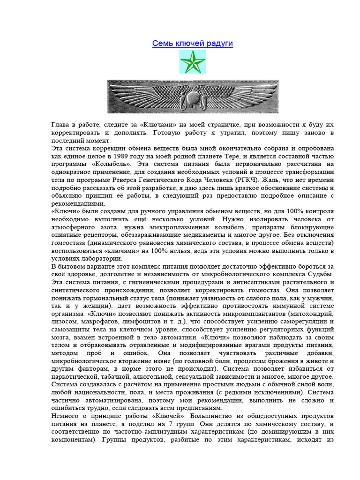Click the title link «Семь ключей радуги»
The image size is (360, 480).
tap(193, 44)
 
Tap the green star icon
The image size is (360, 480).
tap(193, 62)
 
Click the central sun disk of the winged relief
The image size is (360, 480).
tap(193, 98)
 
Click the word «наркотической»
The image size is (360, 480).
tap(75, 376)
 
